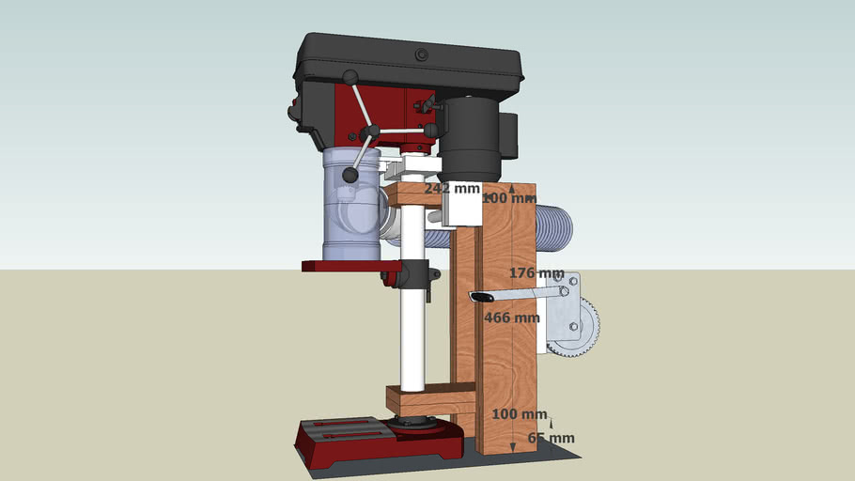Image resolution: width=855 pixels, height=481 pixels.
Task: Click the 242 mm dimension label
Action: (451, 188)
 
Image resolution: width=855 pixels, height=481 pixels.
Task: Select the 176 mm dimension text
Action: (536, 273)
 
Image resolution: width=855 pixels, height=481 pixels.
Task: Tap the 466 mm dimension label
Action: (511, 318)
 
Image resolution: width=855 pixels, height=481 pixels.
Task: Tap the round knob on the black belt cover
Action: (421, 55)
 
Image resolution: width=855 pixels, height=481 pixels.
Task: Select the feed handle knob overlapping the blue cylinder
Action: (350, 175)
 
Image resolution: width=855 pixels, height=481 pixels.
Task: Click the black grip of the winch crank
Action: (480, 298)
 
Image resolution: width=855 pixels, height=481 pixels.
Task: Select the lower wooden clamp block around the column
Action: (427, 401)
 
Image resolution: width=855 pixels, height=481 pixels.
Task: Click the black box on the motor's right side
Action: (510, 136)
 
